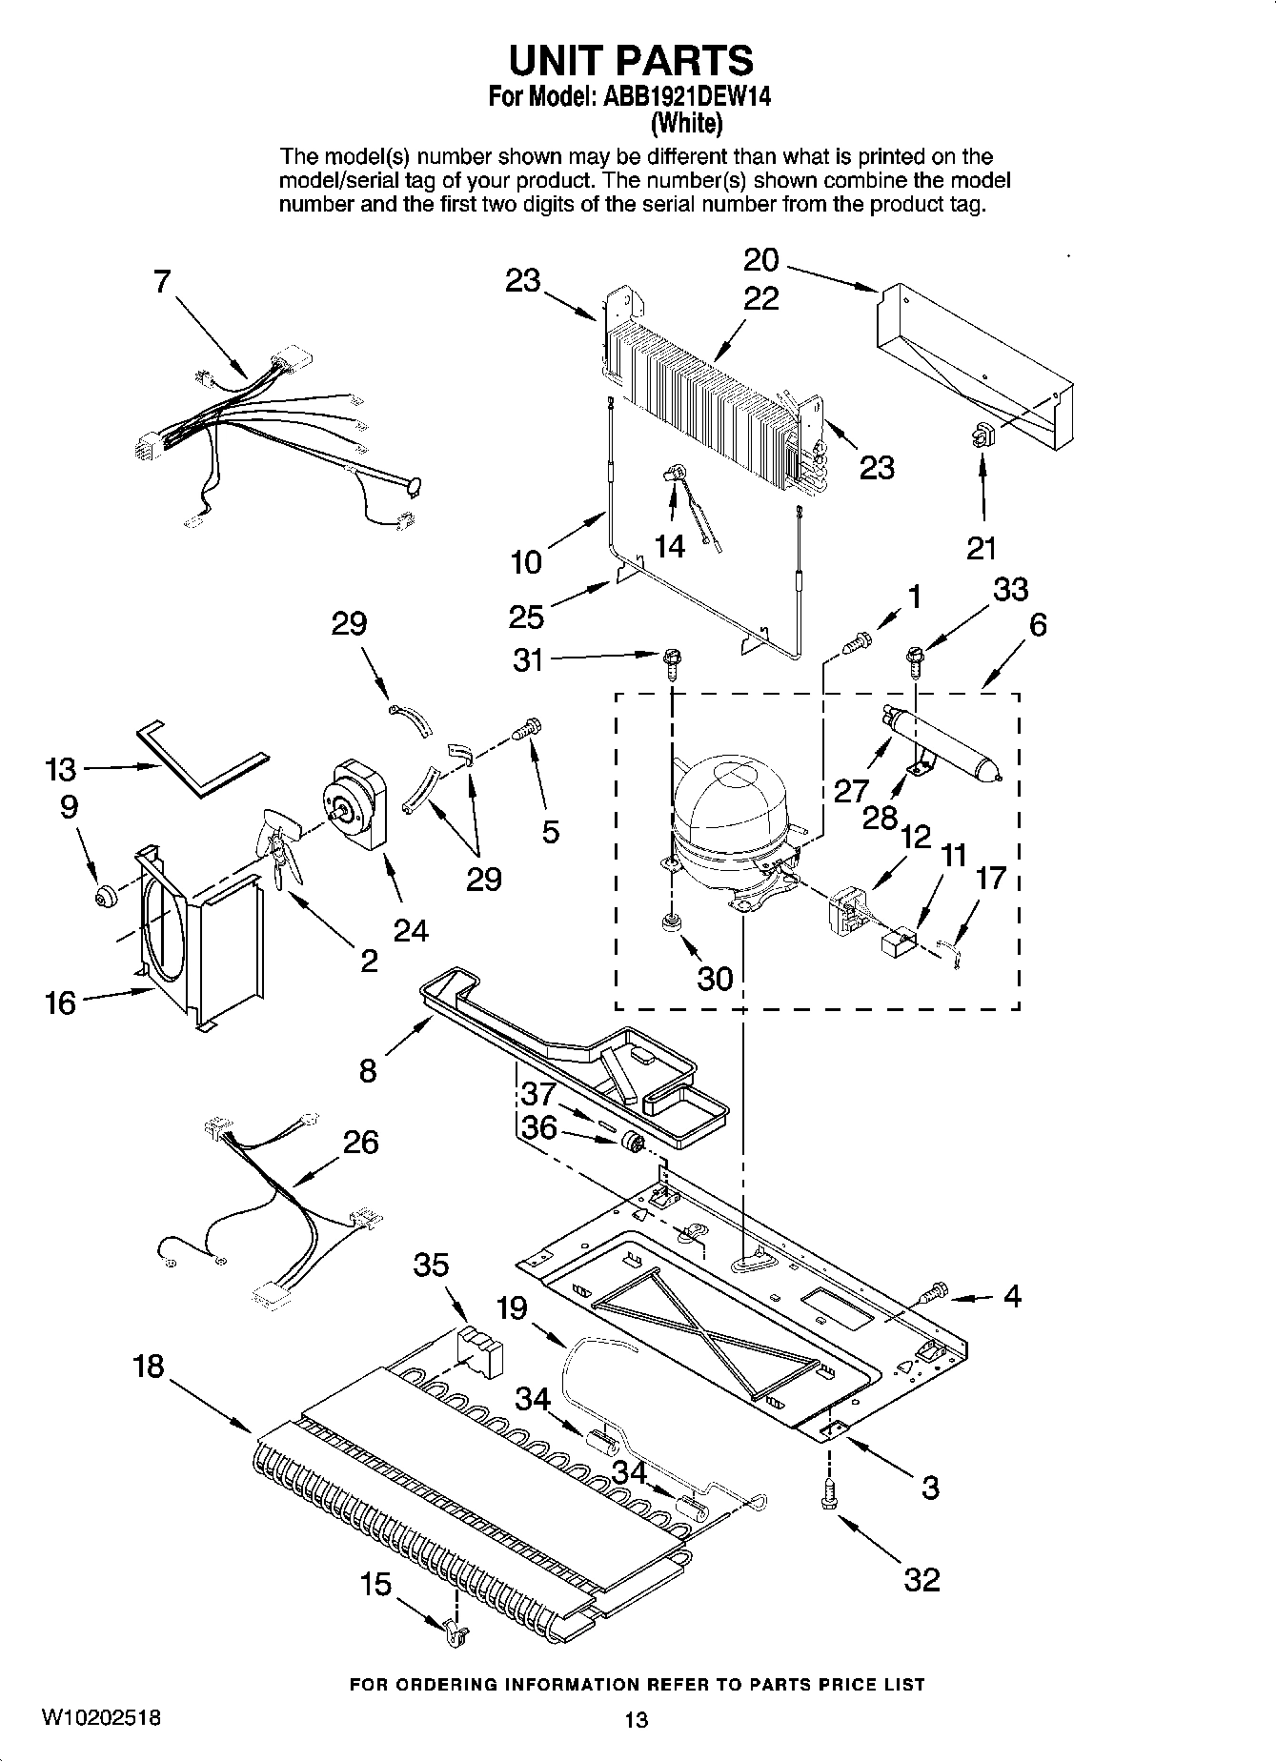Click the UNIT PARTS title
pos(631,60)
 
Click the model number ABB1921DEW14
pos(685,97)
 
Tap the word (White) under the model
pos(685,123)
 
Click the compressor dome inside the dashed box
pos(729,800)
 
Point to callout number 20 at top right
pos(760,260)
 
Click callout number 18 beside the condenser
pos(148,1367)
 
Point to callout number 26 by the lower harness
pos(360,1142)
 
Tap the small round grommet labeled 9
pos(104,896)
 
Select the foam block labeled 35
pos(480,1351)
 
